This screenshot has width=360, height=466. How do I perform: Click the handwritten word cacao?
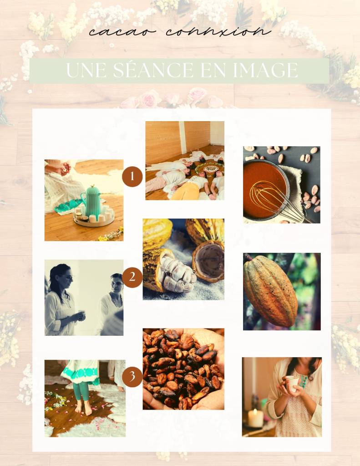(122, 31)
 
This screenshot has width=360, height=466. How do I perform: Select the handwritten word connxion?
(218, 31)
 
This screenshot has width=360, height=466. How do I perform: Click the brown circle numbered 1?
(132, 177)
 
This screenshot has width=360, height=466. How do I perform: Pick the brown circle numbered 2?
(132, 277)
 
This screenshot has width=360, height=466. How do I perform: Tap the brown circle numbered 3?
(132, 377)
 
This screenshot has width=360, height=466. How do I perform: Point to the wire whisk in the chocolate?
(276, 199)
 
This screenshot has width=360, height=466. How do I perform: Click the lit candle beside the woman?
(255, 418)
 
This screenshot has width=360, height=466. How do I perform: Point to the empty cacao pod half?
(208, 261)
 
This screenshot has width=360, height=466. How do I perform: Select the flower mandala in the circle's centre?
(210, 169)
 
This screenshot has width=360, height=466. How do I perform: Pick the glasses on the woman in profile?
(68, 277)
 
